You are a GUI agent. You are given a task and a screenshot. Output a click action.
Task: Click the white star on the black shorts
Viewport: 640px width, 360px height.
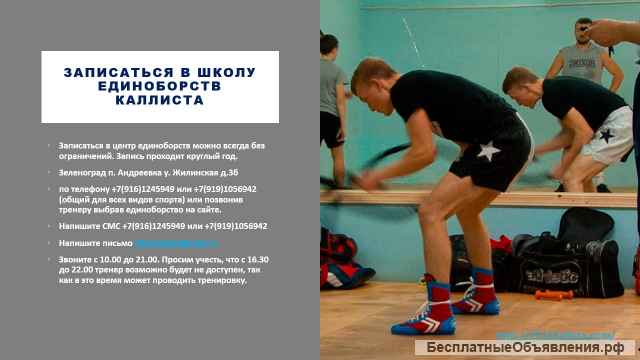pos(487,152)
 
